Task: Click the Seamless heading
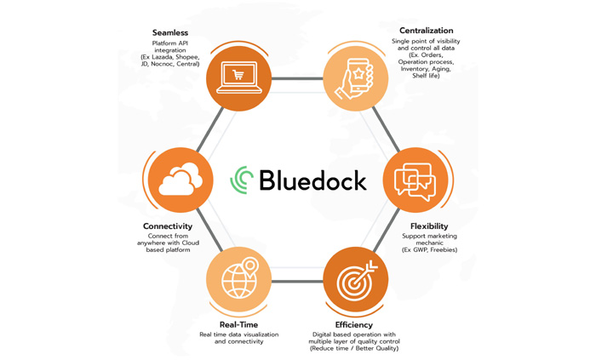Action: [170, 32]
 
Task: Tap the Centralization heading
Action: [426, 31]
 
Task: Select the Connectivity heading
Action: [168, 226]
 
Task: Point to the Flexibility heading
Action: [429, 226]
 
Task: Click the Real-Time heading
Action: [238, 325]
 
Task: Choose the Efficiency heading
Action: [354, 325]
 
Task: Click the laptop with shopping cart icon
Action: [239, 77]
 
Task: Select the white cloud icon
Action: [181, 180]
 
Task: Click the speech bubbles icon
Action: [415, 181]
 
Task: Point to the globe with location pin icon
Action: [240, 278]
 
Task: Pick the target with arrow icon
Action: [357, 280]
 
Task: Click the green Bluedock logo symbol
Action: [242, 180]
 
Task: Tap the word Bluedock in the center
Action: [312, 180]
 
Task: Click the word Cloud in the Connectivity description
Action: [190, 243]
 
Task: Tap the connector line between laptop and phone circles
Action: [297, 78]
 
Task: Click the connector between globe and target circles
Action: [297, 282]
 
